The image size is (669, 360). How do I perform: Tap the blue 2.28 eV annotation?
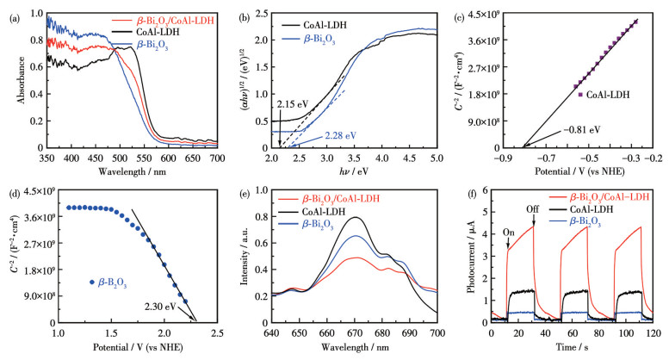point(340,135)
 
